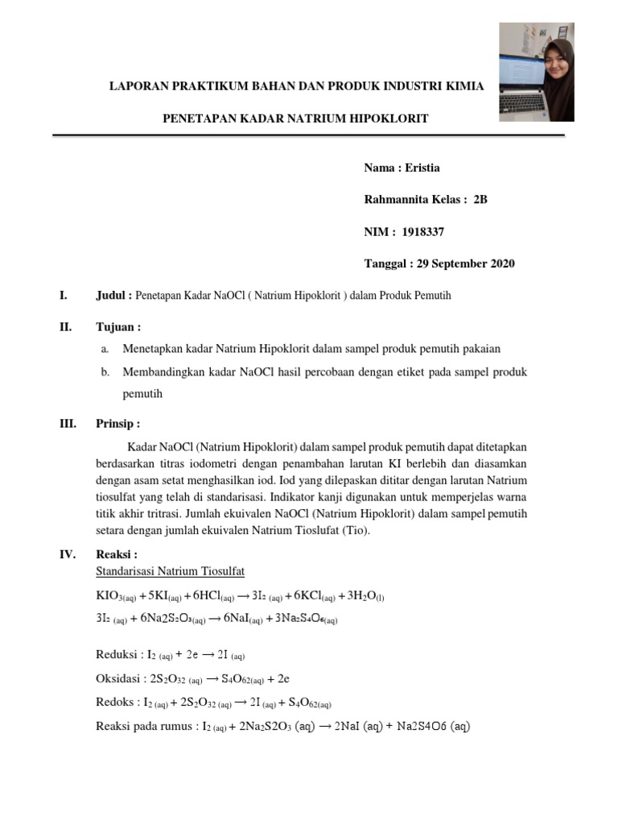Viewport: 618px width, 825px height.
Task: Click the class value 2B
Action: [480, 200]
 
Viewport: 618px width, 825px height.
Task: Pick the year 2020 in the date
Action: [499, 263]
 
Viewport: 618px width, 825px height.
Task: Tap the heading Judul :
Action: [114, 296]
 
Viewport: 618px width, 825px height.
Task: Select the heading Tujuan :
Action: [118, 327]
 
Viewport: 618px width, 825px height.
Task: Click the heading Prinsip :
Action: [118, 424]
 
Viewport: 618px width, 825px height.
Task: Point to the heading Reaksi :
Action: [117, 554]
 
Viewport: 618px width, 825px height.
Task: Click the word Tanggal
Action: [386, 263]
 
